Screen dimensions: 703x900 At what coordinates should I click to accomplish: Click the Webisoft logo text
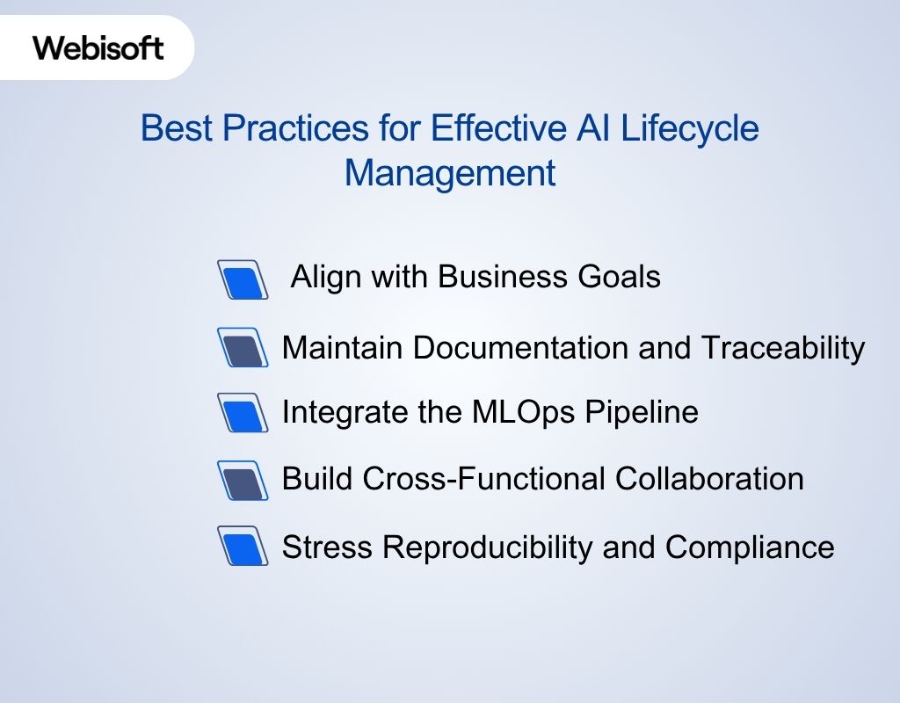tap(98, 47)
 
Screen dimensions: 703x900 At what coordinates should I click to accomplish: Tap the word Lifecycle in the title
tap(690, 129)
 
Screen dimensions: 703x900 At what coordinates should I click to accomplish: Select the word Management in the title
tap(450, 173)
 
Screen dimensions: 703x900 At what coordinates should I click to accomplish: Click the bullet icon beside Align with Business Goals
tap(242, 280)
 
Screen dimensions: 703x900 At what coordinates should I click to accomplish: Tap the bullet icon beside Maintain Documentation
tap(242, 349)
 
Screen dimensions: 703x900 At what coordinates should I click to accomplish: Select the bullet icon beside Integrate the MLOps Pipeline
tap(242, 413)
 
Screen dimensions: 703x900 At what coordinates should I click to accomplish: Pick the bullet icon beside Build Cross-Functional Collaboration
tap(242, 481)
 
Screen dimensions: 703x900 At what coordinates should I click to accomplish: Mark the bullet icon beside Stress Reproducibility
tap(242, 547)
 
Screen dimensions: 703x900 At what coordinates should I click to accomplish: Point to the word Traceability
tap(783, 349)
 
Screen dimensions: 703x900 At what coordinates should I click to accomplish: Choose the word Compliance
tap(750, 547)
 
